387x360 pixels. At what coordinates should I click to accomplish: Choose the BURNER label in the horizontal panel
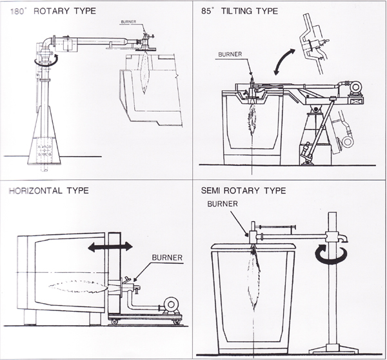coord(167,257)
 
